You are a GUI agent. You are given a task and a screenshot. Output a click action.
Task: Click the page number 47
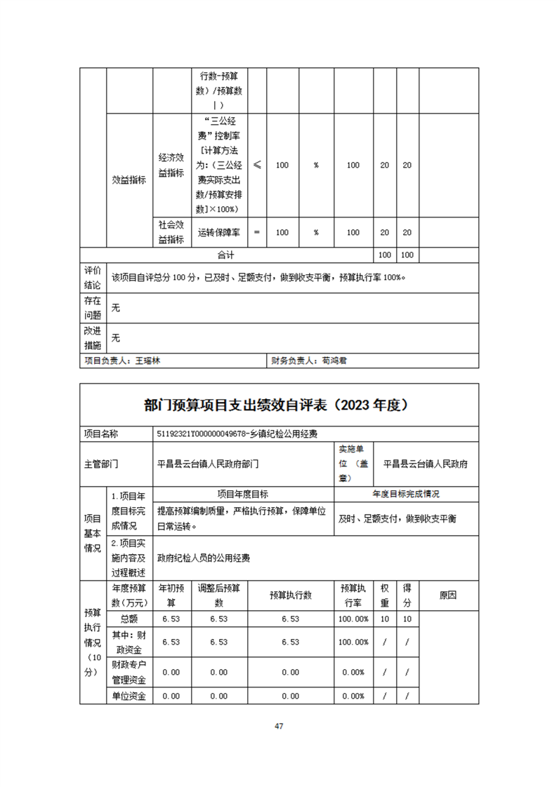[x=278, y=726]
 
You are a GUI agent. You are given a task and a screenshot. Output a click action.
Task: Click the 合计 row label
[x=225, y=255]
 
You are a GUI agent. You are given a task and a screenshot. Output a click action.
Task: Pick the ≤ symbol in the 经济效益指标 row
[x=257, y=165]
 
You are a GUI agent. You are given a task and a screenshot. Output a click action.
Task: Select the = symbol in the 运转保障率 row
[x=257, y=232]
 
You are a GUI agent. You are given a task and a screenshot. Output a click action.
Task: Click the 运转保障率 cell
[x=220, y=232]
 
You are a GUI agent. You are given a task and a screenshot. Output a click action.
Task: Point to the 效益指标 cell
[x=129, y=179]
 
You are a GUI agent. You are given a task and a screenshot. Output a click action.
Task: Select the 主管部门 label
[x=101, y=464]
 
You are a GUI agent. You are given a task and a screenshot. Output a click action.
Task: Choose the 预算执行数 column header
[x=291, y=595]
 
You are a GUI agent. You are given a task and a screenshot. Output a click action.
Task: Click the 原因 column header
[x=448, y=595]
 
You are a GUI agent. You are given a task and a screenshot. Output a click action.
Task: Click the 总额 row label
[x=129, y=619]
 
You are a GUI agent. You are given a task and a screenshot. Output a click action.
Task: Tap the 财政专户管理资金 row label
[x=129, y=672]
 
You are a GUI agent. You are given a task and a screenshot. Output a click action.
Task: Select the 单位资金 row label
[x=129, y=696]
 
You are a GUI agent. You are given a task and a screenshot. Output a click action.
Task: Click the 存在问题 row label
[x=93, y=309]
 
